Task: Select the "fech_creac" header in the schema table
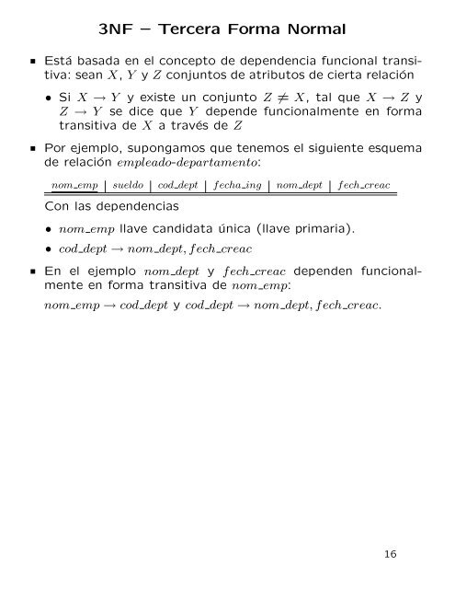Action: [x=364, y=185]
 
